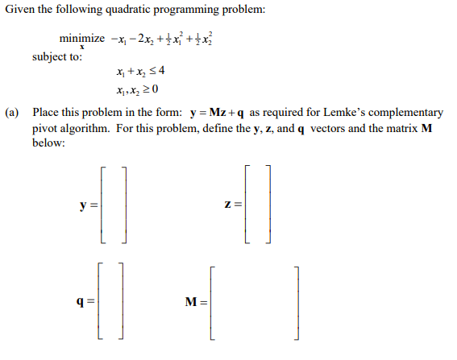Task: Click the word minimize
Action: [81, 39]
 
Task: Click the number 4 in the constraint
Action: [162, 72]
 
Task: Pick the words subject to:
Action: [56, 57]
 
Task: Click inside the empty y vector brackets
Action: [114, 205]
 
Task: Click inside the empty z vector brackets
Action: [259, 205]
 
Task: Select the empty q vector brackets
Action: [110, 304]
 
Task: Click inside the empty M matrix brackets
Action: [255, 304]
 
